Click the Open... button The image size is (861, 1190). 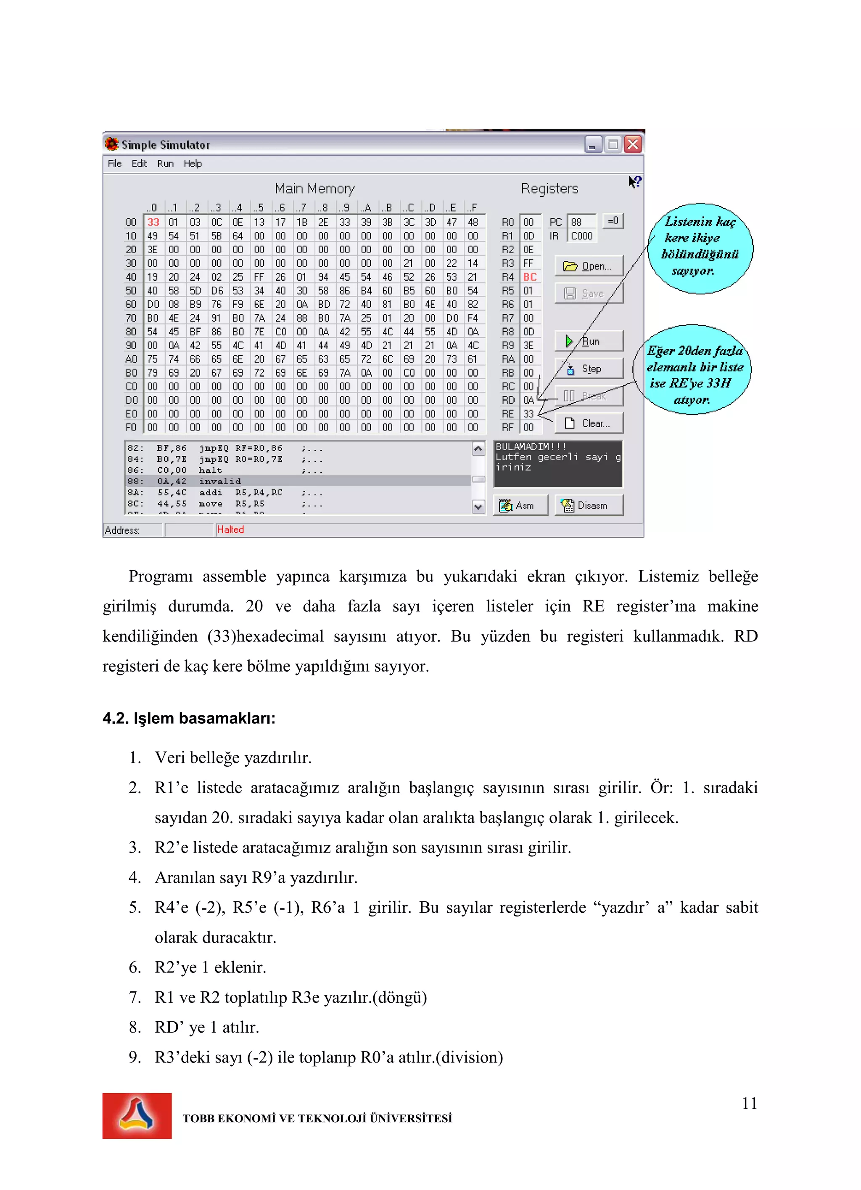(588, 266)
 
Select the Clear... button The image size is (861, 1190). (588, 423)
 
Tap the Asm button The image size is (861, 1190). (520, 505)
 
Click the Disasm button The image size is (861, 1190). (588, 505)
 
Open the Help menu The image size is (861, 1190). (193, 164)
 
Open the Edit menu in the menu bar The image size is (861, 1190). (139, 164)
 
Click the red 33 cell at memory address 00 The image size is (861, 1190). (153, 222)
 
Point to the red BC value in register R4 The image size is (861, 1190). (530, 277)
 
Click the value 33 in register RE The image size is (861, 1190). (528, 414)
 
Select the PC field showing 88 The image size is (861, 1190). (581, 222)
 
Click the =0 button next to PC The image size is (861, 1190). (613, 221)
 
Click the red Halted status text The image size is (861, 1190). (230, 529)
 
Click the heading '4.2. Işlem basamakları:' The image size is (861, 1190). (189, 718)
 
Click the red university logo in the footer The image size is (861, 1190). (137, 1116)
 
